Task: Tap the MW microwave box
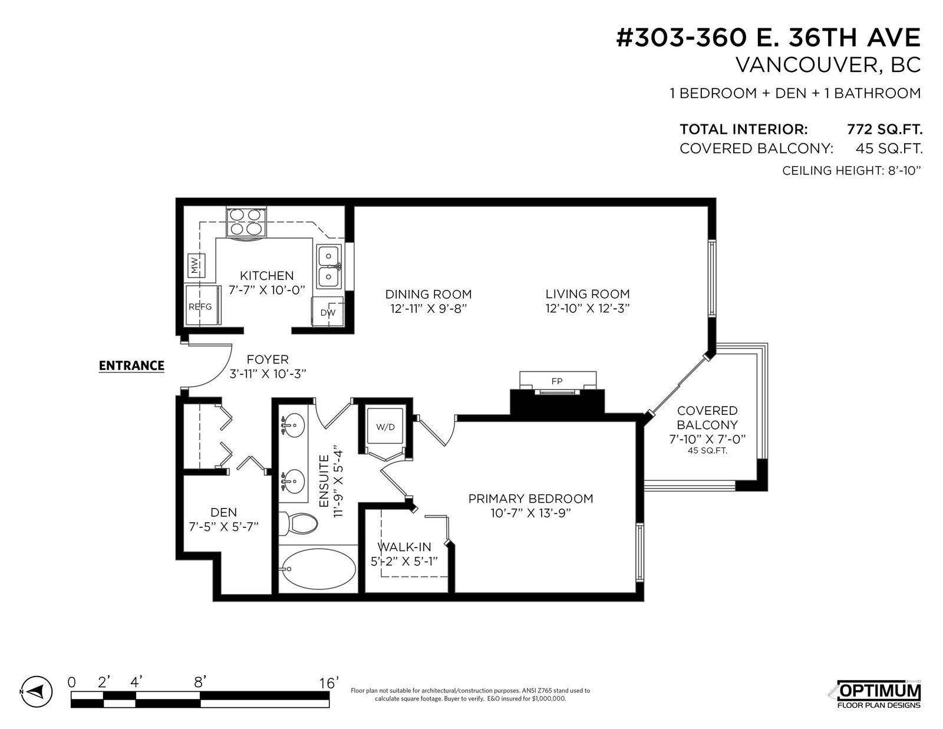click(196, 264)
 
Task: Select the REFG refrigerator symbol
click(202, 305)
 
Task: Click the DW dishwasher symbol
click(328, 312)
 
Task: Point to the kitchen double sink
click(328, 266)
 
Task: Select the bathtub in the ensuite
click(318, 569)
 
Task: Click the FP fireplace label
click(557, 381)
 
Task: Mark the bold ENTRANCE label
click(131, 366)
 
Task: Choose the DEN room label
click(223, 512)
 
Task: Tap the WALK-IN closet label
click(404, 547)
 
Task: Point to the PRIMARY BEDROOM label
click(530, 499)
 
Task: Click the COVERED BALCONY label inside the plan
click(707, 417)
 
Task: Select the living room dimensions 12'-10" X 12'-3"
click(587, 308)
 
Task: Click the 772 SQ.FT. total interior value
click(885, 129)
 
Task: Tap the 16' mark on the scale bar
click(328, 683)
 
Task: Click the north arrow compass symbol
click(37, 690)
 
